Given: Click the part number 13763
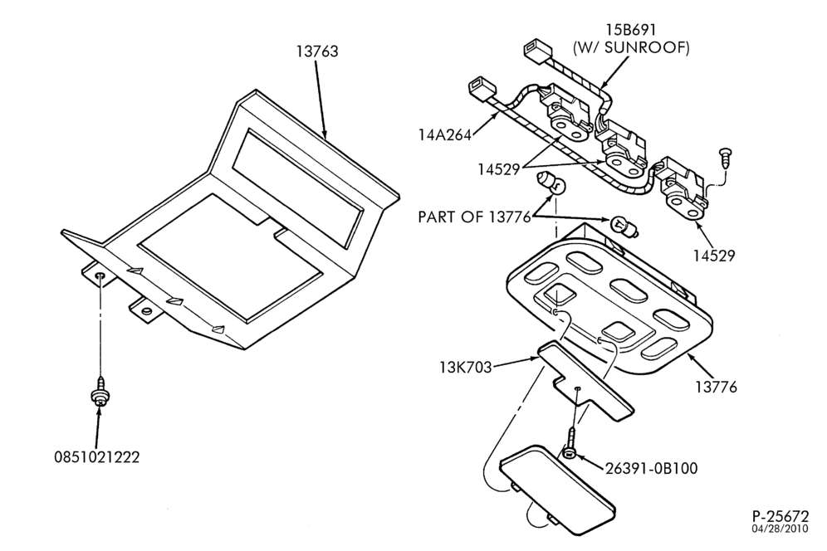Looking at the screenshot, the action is pyautogui.click(x=317, y=51).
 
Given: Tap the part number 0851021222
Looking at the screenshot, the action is pyautogui.click(x=97, y=456).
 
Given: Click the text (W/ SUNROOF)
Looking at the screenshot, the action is pyautogui.click(x=631, y=48).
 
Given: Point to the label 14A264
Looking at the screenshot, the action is pyautogui.click(x=444, y=135).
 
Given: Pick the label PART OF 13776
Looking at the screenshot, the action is pyautogui.click(x=474, y=217).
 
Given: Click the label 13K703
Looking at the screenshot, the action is pyautogui.click(x=465, y=367).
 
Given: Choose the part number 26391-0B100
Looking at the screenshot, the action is pyautogui.click(x=651, y=468).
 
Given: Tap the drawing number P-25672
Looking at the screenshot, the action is pyautogui.click(x=780, y=515).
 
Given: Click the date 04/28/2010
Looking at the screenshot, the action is pyautogui.click(x=780, y=529).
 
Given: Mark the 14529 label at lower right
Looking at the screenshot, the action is pyautogui.click(x=713, y=256).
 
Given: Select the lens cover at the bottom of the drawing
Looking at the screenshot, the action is pyautogui.click(x=557, y=490).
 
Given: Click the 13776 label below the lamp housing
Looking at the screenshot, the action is pyautogui.click(x=716, y=387).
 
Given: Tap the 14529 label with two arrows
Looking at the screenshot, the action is pyautogui.click(x=499, y=169).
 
